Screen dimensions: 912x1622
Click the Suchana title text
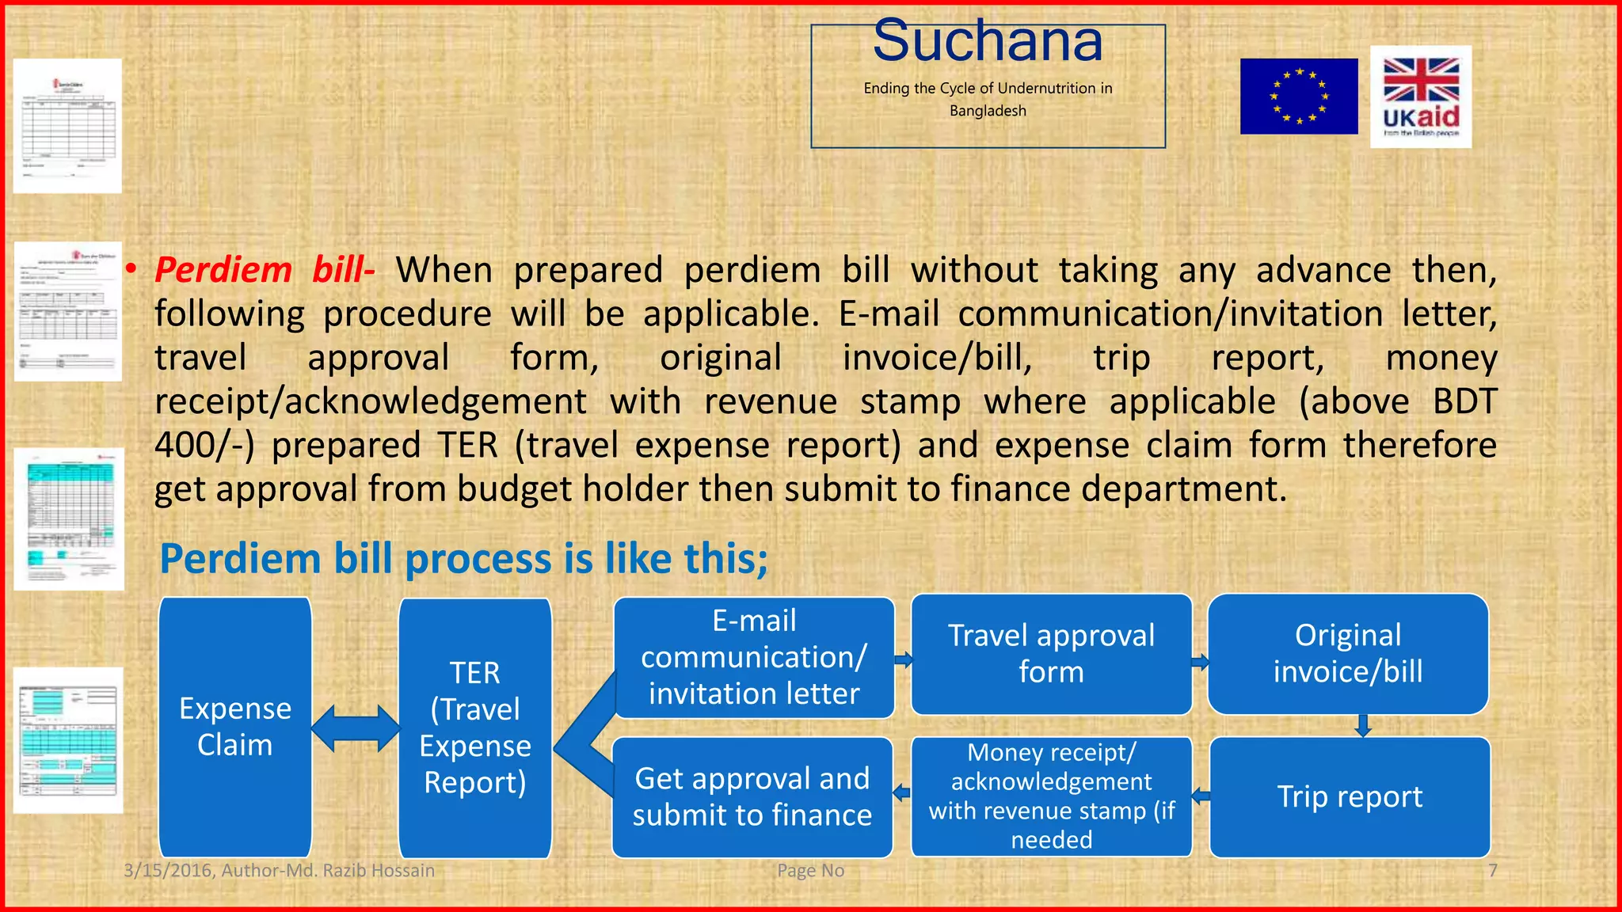987,41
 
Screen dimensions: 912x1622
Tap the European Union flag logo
1298,97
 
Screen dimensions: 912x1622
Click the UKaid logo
1421,97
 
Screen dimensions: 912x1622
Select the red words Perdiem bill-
264,270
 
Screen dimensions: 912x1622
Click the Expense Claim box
235,727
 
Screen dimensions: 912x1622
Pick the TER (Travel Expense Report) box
475,727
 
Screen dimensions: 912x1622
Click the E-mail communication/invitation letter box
754,657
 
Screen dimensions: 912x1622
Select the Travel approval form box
1051,654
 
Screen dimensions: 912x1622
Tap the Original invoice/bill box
1347,654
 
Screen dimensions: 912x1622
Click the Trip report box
1350,796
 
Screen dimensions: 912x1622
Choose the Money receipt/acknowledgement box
1051,796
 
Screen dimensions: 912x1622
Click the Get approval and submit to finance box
752,796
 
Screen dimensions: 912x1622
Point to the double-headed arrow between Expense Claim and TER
356,728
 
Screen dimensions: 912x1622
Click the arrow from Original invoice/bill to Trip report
1363,725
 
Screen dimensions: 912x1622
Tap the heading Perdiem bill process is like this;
463,559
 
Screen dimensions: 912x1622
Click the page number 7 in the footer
1492,870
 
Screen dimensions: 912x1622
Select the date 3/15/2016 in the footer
168,870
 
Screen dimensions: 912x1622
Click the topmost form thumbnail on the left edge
67,125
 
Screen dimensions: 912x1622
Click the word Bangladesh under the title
988,111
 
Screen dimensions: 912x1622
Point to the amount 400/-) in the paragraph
204,445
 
